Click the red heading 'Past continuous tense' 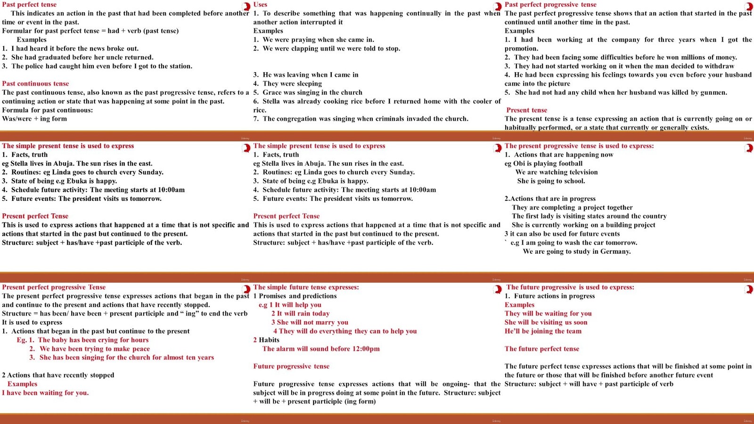pos(35,83)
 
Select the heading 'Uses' pos(260,4)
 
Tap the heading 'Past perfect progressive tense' pos(550,4)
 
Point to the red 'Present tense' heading pos(526,110)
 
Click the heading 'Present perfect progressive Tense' pos(54,287)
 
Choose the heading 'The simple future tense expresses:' pos(306,287)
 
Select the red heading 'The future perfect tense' pos(541,349)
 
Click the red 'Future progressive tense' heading pos(291,366)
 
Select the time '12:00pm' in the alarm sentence pos(364,349)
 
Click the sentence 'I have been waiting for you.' pos(45,392)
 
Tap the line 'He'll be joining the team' pos(543,331)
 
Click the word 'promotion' pos(521,49)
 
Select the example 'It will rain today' pos(303,313)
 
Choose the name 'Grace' pos(272,92)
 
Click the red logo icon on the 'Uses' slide pos(497,7)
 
